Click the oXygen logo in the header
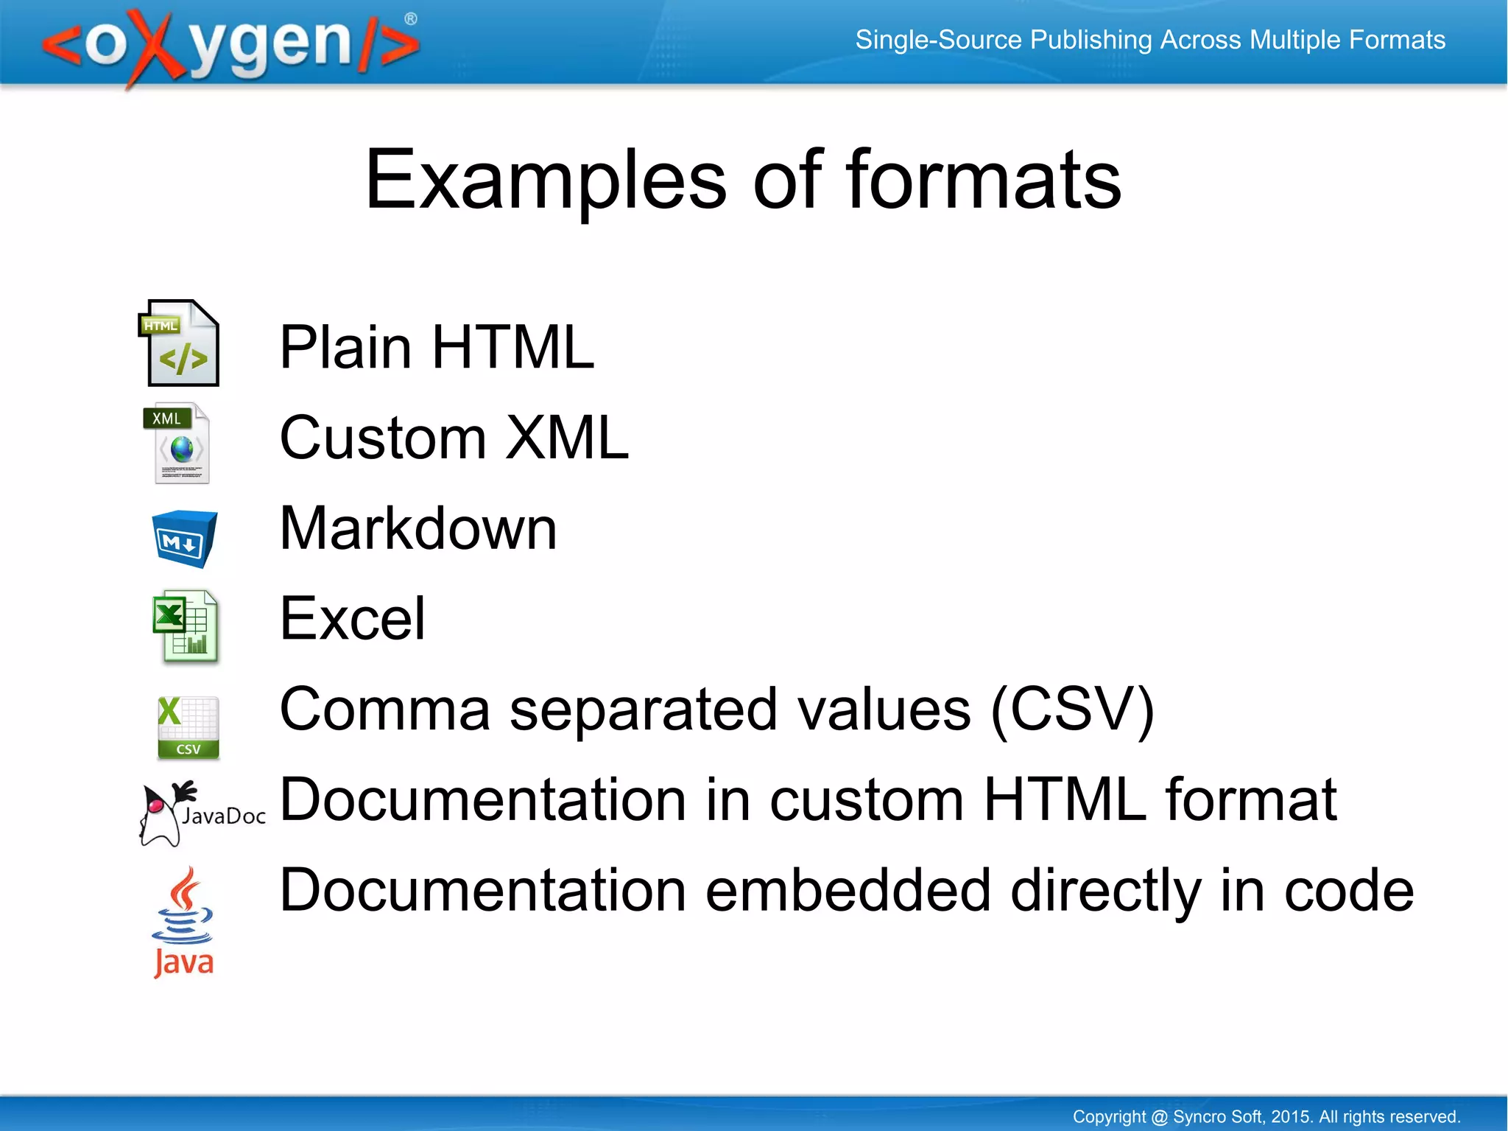[x=230, y=46]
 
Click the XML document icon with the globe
[x=178, y=443]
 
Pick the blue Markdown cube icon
[x=184, y=539]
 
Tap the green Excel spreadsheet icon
[x=186, y=626]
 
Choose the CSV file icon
[x=188, y=727]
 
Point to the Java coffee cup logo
[x=183, y=922]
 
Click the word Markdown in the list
[x=418, y=528]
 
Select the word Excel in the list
[x=353, y=619]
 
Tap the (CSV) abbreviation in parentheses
[x=1072, y=710]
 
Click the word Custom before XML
[x=383, y=438]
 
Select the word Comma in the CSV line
[x=385, y=710]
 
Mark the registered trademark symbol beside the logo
[x=411, y=19]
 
